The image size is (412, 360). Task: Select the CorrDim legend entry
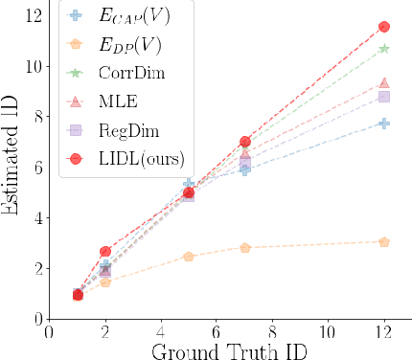pos(125,74)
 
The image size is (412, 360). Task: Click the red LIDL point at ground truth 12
pos(384,27)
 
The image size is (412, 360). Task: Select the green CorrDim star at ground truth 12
pos(384,49)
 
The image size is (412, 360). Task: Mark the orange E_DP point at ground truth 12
pos(384,241)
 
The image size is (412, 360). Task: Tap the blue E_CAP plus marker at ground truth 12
pos(384,124)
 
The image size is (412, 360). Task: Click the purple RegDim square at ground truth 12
pos(384,97)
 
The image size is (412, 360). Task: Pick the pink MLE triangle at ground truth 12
pos(384,83)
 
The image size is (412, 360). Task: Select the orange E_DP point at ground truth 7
pos(245,247)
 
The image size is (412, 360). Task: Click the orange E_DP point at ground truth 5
pos(189,257)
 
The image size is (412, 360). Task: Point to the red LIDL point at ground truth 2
pos(105,251)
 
